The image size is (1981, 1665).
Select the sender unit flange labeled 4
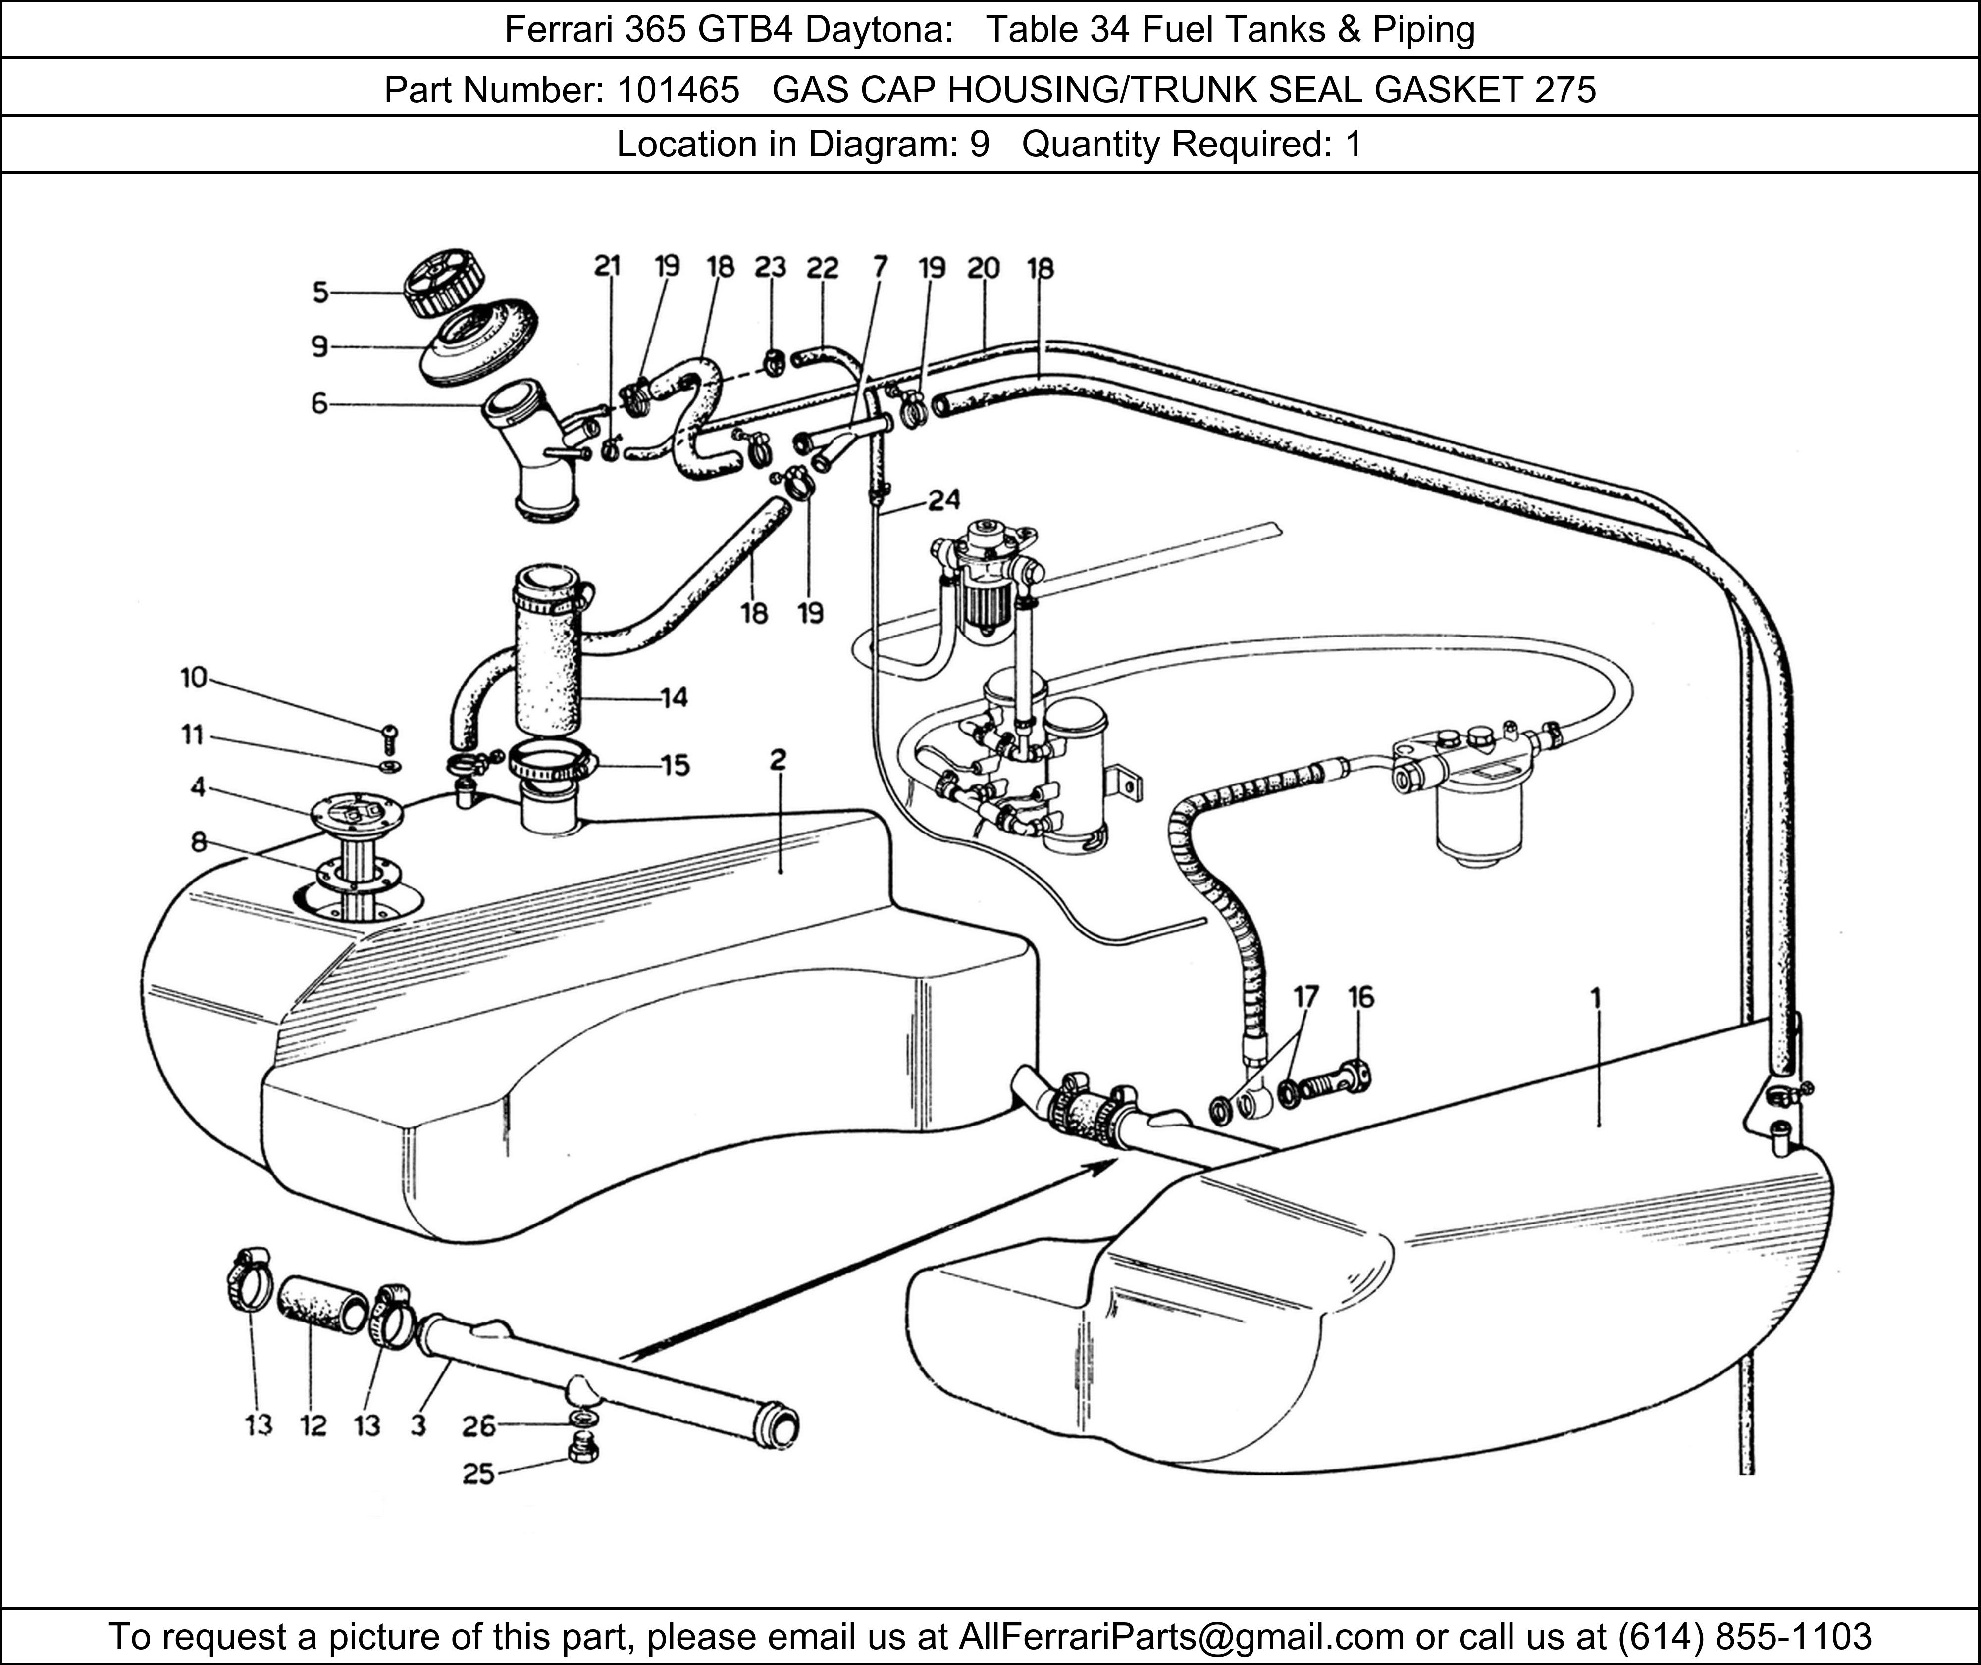pyautogui.click(x=356, y=812)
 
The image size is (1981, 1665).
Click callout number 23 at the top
pyautogui.click(x=770, y=268)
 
